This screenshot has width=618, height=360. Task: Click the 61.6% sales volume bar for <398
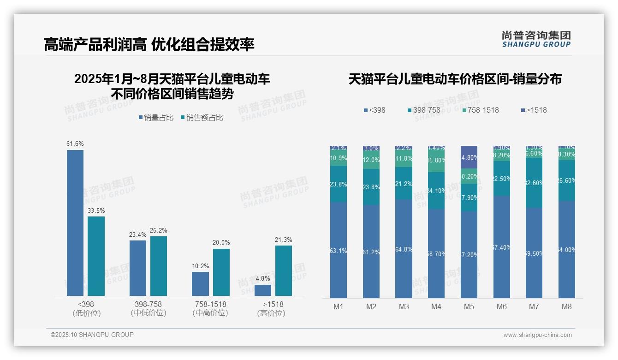75,222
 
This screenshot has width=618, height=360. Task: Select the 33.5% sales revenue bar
96,256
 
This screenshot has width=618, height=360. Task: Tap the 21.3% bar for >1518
284,270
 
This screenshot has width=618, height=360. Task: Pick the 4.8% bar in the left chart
263,290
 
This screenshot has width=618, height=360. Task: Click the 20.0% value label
221,243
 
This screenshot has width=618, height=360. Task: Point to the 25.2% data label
159,230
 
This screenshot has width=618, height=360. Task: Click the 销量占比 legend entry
156,118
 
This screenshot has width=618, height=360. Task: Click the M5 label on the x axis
469,306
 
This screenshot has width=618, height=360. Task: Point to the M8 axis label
567,306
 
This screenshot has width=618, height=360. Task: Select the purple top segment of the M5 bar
469,157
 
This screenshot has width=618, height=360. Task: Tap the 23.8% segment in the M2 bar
371,187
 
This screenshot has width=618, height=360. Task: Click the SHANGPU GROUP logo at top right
536,39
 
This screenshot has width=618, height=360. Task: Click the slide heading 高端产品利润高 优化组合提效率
149,44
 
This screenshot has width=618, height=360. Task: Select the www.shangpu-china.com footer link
537,335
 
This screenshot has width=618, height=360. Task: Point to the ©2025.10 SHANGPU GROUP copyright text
92,335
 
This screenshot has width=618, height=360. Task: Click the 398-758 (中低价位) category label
149,308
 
